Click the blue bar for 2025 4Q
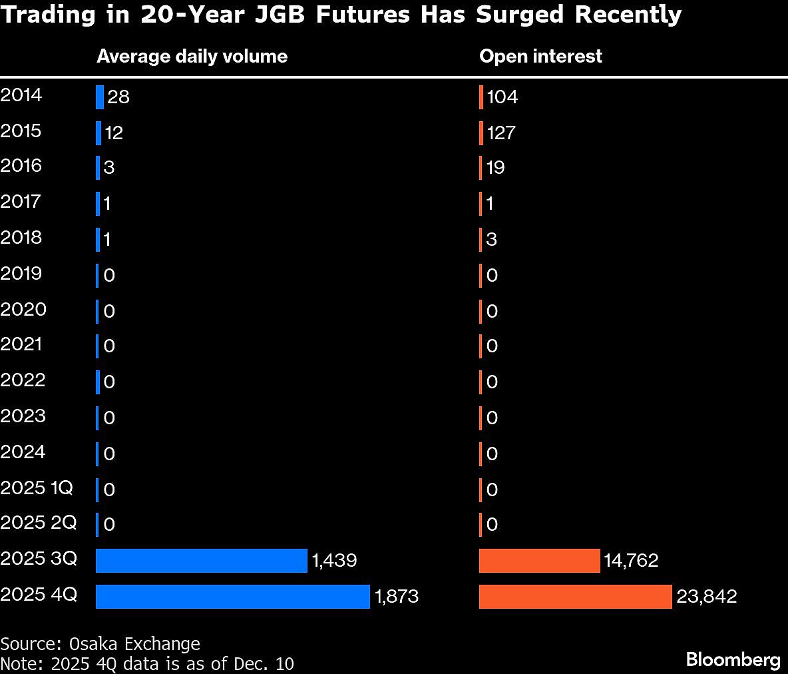tap(232, 596)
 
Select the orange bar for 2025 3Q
tap(539, 560)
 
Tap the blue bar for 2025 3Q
tap(201, 560)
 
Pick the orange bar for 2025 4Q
tap(575, 596)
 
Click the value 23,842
tap(706, 596)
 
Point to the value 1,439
tap(334, 560)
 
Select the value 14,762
tap(631, 560)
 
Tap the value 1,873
tap(397, 596)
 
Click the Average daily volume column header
tap(192, 56)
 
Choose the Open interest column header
tap(540, 56)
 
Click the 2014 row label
tap(21, 95)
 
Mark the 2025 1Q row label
tap(37, 488)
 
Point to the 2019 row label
tap(21, 274)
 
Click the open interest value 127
tap(500, 133)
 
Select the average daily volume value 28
tap(118, 97)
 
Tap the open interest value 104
tap(502, 97)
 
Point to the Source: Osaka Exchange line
tap(100, 644)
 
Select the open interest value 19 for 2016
tap(495, 167)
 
